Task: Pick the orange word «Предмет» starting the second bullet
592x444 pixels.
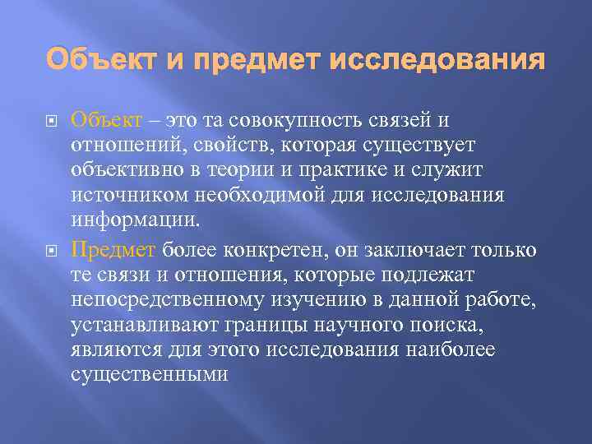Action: coord(113,249)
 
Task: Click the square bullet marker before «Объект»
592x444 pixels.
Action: coord(52,122)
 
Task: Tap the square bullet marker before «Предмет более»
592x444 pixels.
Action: coord(52,250)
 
